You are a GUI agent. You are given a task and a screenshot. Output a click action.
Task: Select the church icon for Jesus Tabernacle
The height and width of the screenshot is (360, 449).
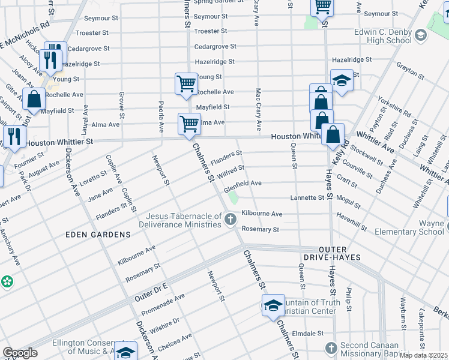pos(230,221)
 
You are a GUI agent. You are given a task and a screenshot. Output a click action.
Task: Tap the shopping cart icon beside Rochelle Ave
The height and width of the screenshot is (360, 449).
pos(186,84)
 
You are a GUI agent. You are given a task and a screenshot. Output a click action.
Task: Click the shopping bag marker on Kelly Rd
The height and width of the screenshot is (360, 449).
pos(333,136)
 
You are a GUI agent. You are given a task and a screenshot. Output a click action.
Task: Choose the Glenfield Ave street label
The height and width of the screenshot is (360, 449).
pos(243,183)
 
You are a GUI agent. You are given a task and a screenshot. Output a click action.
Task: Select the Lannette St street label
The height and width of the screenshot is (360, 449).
pos(307,197)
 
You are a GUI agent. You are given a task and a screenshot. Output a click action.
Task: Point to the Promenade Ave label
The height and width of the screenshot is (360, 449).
pos(163,305)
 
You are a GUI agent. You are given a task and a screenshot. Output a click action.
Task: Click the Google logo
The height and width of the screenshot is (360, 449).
pos(20,353)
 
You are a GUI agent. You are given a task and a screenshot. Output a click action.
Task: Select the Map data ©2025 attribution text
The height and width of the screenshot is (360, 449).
pos(423,355)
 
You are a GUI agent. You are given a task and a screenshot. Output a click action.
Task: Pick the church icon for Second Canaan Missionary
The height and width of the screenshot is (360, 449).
pos(331,348)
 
